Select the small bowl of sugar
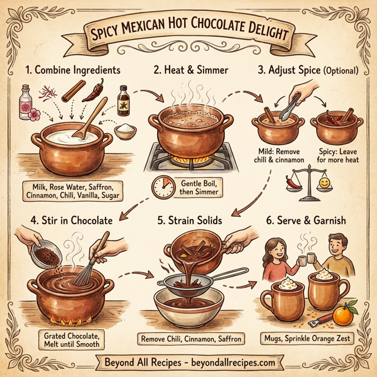click(127, 133)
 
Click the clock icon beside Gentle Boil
click(162, 187)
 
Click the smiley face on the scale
click(324, 183)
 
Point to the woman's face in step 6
click(275, 247)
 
